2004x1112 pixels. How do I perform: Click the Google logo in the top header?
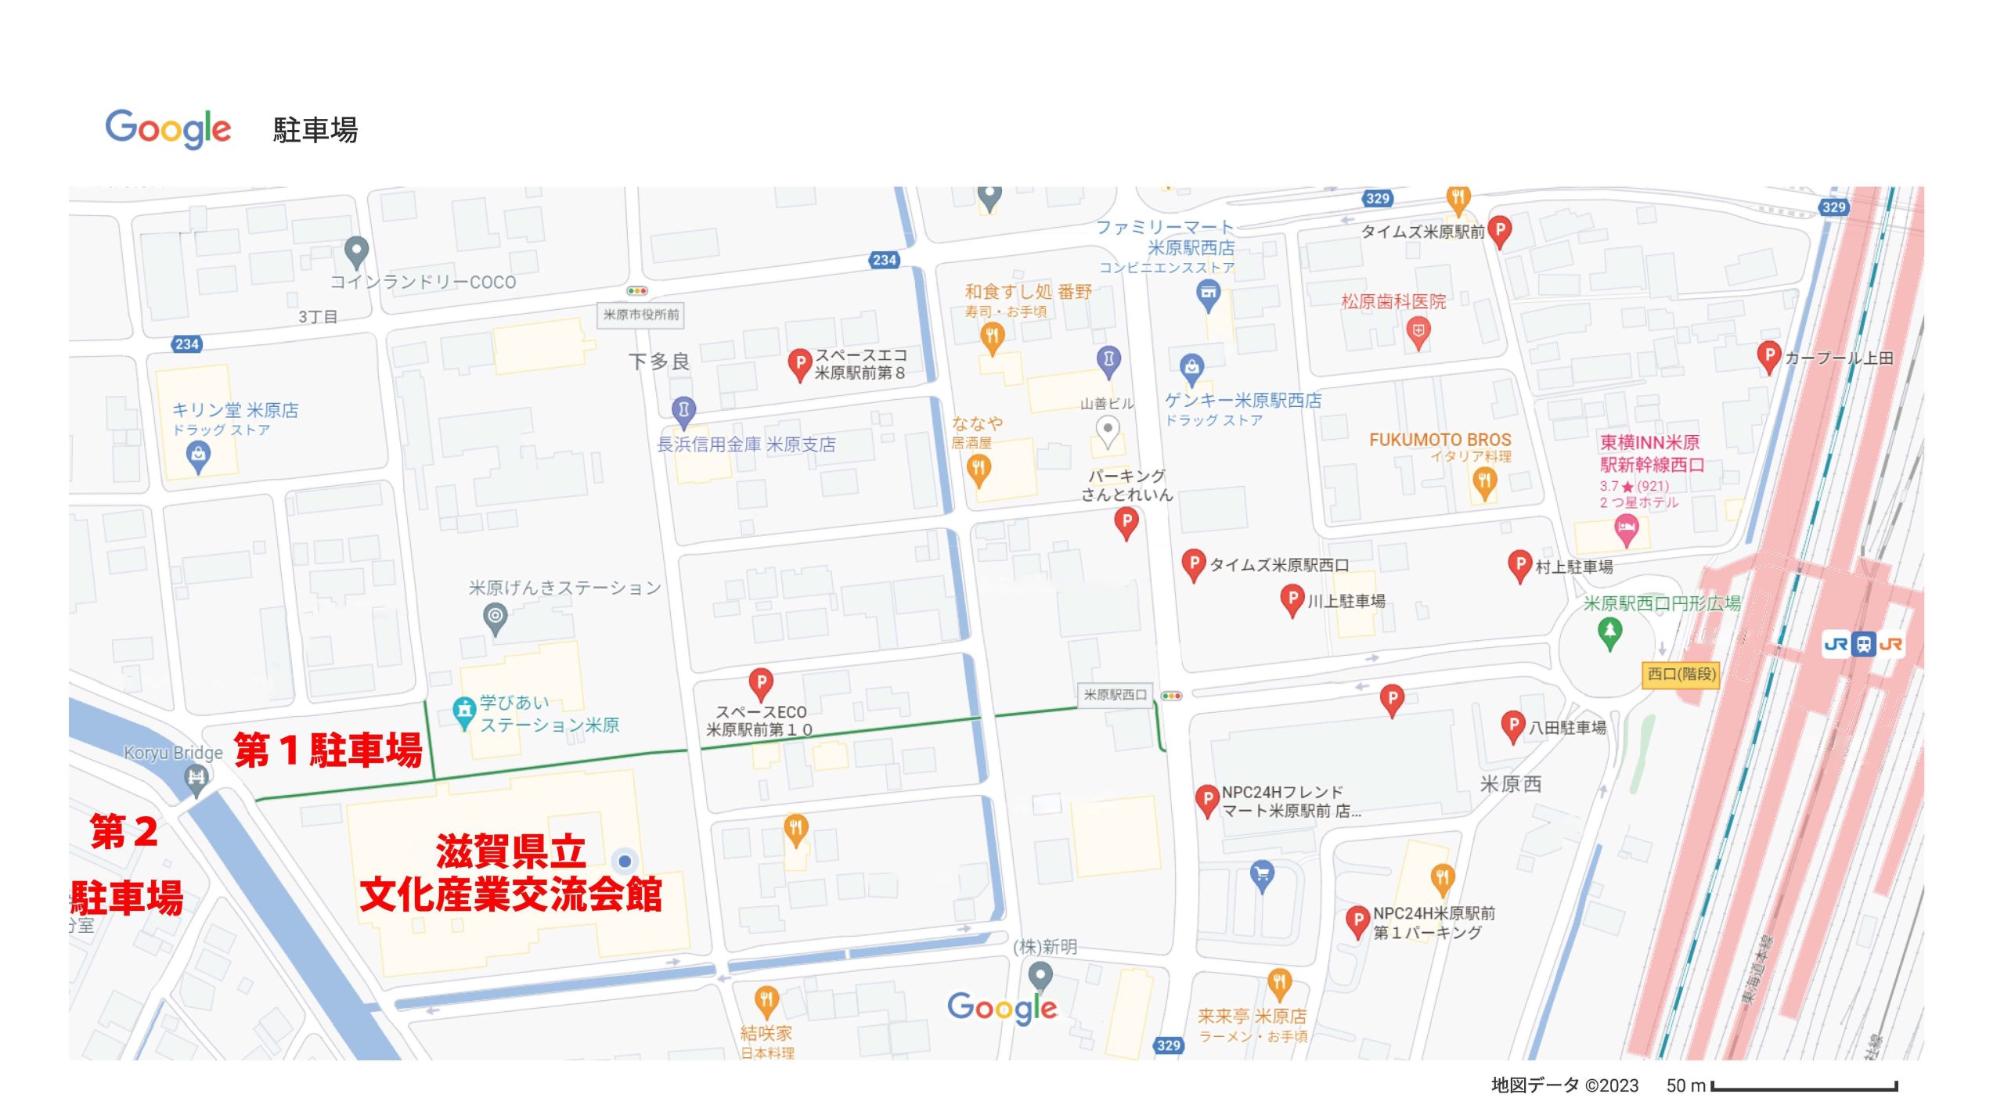168,129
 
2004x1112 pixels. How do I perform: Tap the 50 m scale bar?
1804,1087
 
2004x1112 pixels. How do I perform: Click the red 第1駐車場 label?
328,750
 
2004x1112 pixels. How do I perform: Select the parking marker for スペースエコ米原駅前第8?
798,363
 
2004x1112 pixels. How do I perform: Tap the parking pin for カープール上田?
1768,356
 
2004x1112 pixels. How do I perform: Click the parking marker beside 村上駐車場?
1519,565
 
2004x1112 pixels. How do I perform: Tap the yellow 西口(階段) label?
1681,674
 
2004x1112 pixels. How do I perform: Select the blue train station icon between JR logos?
1864,644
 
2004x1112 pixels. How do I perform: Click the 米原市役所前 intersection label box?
640,315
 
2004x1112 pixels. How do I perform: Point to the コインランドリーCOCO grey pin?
356,250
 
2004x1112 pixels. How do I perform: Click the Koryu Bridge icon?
196,778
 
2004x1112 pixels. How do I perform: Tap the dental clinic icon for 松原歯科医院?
1418,332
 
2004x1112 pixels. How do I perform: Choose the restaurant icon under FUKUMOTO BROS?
1484,481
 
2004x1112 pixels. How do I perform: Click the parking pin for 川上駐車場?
1292,599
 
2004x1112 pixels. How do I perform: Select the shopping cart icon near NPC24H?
1262,873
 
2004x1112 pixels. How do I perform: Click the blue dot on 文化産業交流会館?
625,861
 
